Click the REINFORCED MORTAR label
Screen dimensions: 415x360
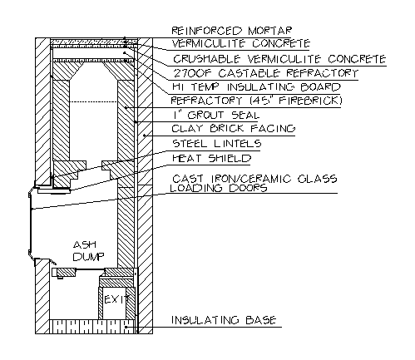click(231, 31)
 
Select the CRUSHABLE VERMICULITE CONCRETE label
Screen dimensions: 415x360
click(279, 59)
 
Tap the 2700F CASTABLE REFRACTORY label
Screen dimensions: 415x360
click(265, 73)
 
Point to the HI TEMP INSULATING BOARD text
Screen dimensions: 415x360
click(256, 87)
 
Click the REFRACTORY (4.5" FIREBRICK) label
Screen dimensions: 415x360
click(256, 101)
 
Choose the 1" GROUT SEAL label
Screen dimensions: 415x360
click(215, 115)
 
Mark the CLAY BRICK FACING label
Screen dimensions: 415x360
click(234, 129)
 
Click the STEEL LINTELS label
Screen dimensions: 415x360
click(217, 144)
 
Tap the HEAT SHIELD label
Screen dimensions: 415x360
click(212, 158)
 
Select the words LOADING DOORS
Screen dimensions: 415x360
click(219, 188)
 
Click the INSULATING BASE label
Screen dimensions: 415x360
click(224, 320)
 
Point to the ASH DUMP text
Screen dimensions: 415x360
click(88, 251)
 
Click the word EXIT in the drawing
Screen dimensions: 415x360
click(116, 299)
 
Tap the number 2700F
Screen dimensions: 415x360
click(192, 73)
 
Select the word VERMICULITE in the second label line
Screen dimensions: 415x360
click(209, 43)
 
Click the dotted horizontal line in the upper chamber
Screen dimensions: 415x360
click(93, 102)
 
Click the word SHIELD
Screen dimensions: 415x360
click(230, 158)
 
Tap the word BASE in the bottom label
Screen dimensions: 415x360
click(261, 320)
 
